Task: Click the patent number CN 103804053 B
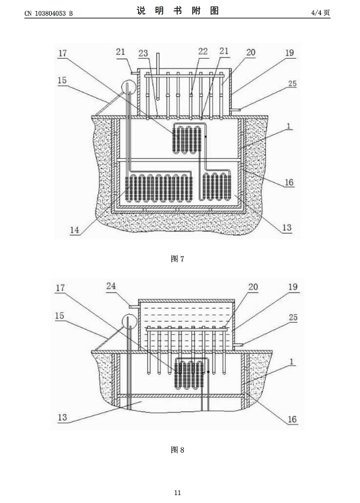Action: coord(48,13)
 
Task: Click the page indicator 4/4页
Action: coord(320,13)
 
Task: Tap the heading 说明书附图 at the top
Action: coord(177,10)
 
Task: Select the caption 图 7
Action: coord(177,258)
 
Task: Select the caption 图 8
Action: coord(177,450)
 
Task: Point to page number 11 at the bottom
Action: coord(177,493)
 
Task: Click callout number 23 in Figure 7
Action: coord(143,53)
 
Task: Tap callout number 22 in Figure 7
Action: coord(203,51)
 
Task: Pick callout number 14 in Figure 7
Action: coord(75,230)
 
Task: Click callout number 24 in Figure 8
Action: coord(111,286)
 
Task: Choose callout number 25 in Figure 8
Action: coord(293,317)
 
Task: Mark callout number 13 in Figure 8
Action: coord(62,417)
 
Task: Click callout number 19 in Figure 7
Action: coord(290,52)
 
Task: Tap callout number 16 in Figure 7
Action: coord(289,182)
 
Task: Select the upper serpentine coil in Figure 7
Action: coord(187,139)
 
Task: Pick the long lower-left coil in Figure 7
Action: coord(158,188)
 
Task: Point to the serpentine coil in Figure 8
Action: coord(189,374)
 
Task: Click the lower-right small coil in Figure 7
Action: coord(216,186)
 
